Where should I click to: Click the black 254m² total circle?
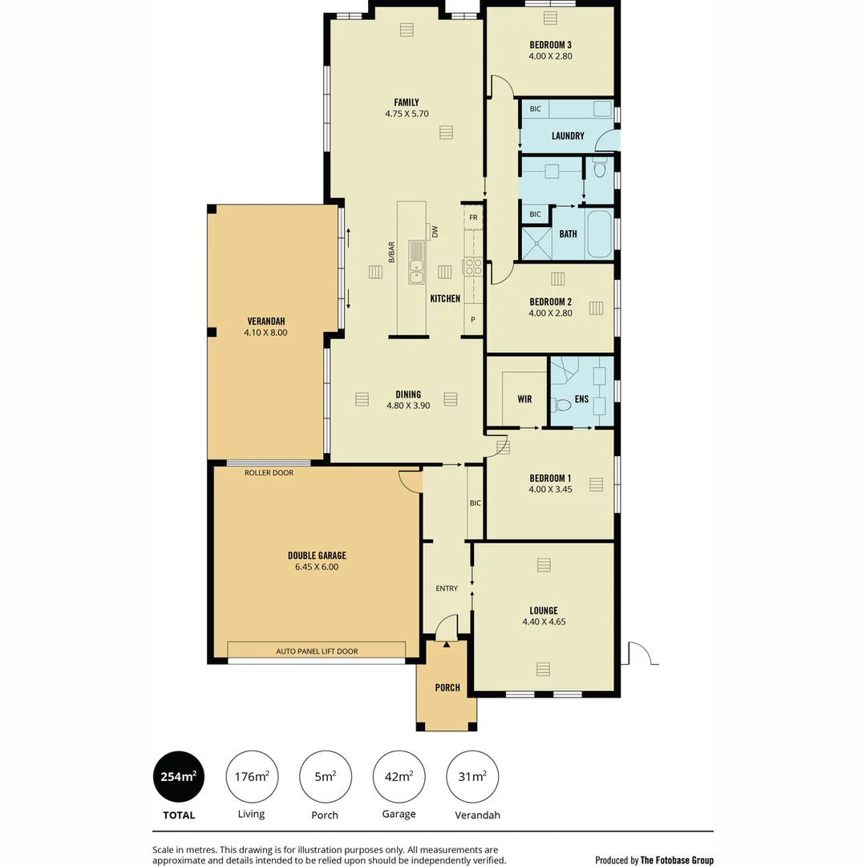(x=178, y=777)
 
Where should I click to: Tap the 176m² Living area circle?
(x=251, y=777)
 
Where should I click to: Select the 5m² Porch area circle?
(x=325, y=777)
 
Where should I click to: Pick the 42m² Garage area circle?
(x=399, y=777)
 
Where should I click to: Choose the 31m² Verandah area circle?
(x=471, y=777)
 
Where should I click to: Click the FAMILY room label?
(x=407, y=102)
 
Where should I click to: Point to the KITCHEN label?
(x=445, y=298)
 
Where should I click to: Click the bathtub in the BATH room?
(x=599, y=234)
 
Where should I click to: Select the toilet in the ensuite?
(x=562, y=405)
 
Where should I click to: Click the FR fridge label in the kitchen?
(x=473, y=217)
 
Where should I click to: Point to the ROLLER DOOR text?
(x=269, y=473)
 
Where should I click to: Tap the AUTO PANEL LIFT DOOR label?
(x=317, y=651)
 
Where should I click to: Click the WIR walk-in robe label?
(x=524, y=399)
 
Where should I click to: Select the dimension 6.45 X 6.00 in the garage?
(x=317, y=567)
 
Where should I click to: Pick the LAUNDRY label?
(x=568, y=136)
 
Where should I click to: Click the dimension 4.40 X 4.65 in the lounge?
(x=543, y=621)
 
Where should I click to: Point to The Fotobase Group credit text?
(x=677, y=860)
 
